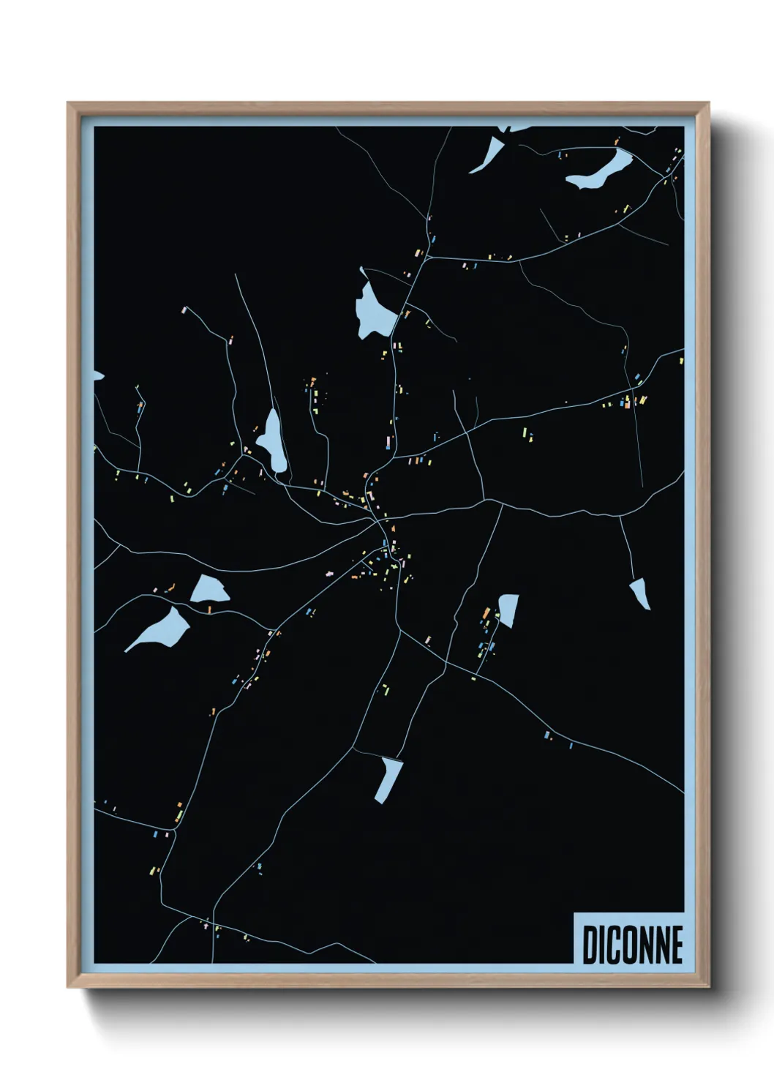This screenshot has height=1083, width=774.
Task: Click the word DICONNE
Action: point(633,944)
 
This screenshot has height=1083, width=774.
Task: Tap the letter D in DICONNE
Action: point(590,944)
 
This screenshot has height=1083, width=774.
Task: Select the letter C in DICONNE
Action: point(612,944)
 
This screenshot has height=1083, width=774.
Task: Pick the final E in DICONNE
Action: point(677,944)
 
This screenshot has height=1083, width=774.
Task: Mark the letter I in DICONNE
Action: point(601,944)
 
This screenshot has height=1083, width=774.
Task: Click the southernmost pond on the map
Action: point(388,778)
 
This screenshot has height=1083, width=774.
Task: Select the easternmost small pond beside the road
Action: point(639,592)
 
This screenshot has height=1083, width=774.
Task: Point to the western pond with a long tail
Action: point(162,628)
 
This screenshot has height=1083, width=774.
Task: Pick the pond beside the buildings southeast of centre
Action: point(508,610)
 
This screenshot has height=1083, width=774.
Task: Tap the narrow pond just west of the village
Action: point(273,441)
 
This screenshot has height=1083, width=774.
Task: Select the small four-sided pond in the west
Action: point(209,588)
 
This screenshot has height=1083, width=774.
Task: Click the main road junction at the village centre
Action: point(380,522)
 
